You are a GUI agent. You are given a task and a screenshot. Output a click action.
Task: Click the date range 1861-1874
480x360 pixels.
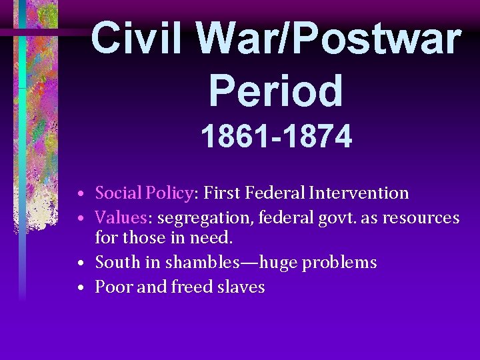pos(276,137)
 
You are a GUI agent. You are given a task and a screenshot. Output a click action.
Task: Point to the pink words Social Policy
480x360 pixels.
pos(143,193)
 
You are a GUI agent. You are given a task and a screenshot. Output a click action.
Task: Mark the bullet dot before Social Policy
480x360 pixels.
pos(79,195)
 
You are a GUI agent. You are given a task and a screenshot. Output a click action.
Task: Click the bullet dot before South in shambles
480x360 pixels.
pos(79,264)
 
